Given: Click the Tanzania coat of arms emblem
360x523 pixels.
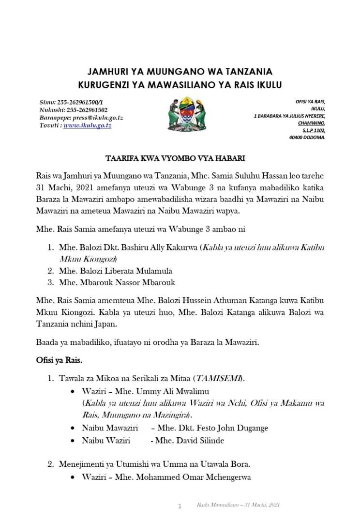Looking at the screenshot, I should [x=180, y=115].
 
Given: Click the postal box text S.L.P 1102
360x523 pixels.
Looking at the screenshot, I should [x=314, y=130].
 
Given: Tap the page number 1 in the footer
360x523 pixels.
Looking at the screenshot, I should [x=180, y=507].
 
